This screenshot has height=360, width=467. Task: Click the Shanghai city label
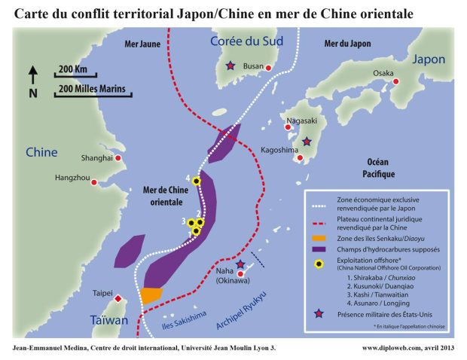[x=96, y=158]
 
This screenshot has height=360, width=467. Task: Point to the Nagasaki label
[x=301, y=121]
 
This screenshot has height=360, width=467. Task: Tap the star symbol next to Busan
[x=230, y=66]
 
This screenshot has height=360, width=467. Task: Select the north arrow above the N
[x=33, y=74]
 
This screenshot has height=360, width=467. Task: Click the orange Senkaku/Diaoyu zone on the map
[x=151, y=294]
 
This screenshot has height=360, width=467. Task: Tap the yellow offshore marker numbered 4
[x=197, y=181]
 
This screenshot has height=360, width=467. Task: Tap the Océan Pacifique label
[x=380, y=168]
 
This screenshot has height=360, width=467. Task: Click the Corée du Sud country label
[x=246, y=41]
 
